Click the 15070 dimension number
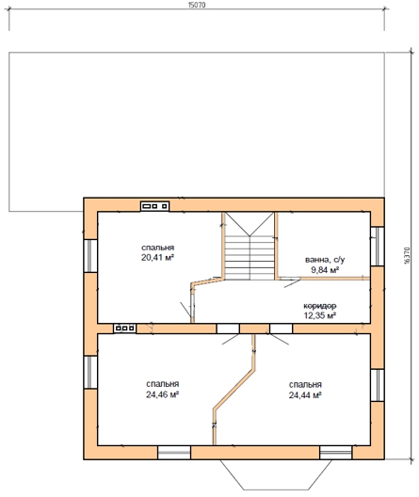(197, 5)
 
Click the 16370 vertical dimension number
(408, 255)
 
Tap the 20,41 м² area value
(158, 257)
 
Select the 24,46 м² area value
(163, 394)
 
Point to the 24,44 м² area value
(305, 395)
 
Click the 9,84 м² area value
(325, 270)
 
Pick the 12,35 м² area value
(320, 315)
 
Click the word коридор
(320, 306)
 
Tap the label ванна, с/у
(325, 260)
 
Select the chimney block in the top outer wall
(155, 206)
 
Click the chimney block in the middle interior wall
(125, 329)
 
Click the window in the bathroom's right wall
(378, 247)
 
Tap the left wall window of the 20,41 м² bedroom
(90, 256)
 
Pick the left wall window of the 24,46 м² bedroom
(90, 372)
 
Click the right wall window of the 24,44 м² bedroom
(378, 385)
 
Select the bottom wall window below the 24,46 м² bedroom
(174, 453)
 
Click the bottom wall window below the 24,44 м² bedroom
(335, 453)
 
